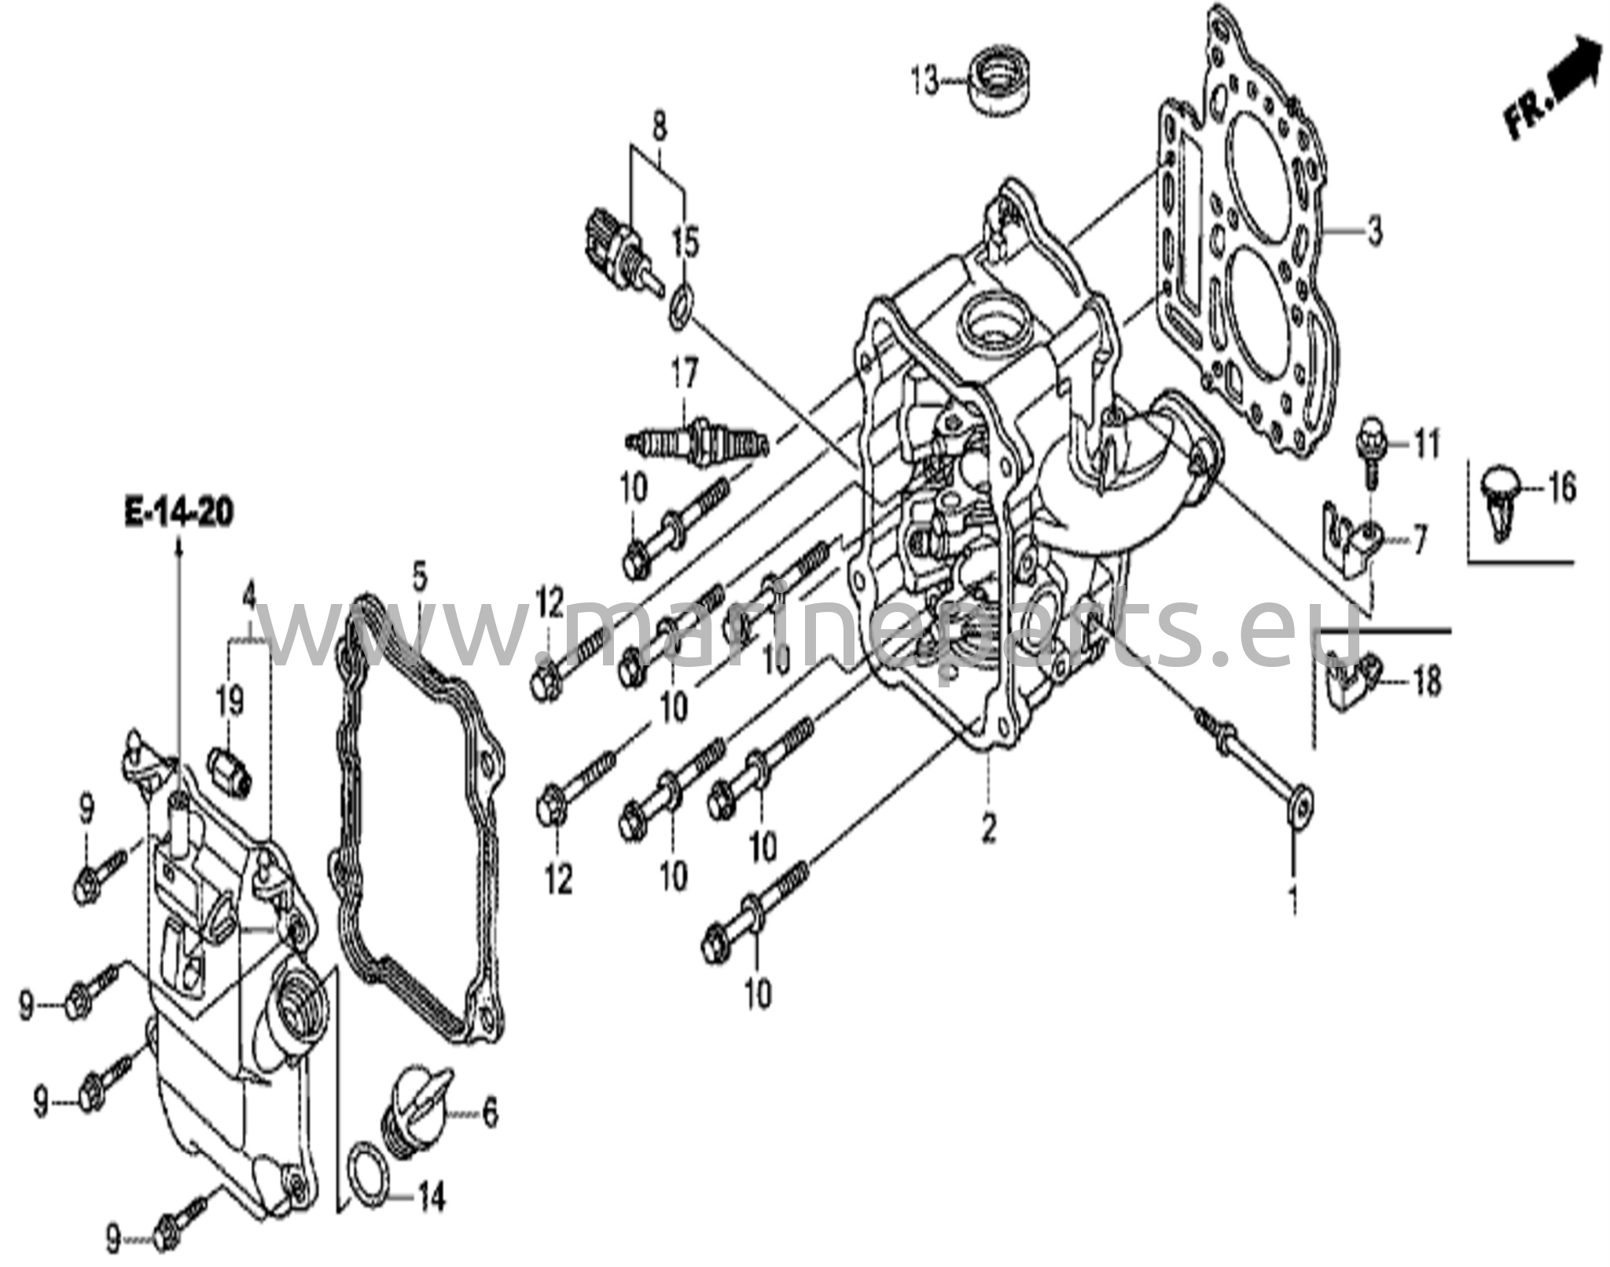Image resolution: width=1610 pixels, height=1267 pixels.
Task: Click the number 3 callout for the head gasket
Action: (x=1374, y=233)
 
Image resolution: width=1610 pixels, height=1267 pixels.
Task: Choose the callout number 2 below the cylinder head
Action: (x=988, y=827)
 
